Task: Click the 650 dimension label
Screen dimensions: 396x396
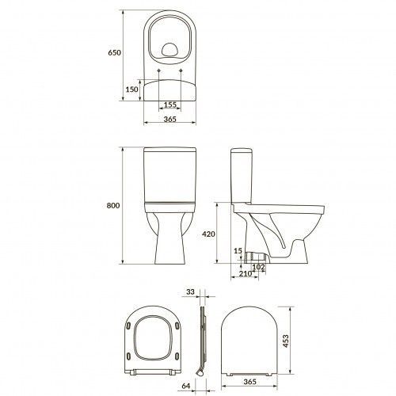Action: coord(114,52)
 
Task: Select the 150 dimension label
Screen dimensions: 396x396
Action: coord(131,89)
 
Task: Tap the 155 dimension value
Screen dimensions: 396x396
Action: coord(170,105)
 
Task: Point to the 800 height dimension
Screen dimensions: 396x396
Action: coord(113,205)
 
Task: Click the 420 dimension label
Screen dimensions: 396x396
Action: coord(208,234)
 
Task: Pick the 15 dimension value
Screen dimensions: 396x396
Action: coord(238,251)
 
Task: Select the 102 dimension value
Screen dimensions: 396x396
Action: coord(258,267)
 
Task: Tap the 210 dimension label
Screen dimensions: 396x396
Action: coord(246,274)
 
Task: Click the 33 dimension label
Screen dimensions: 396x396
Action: coord(190,291)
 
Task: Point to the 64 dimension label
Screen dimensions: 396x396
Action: coord(186,386)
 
